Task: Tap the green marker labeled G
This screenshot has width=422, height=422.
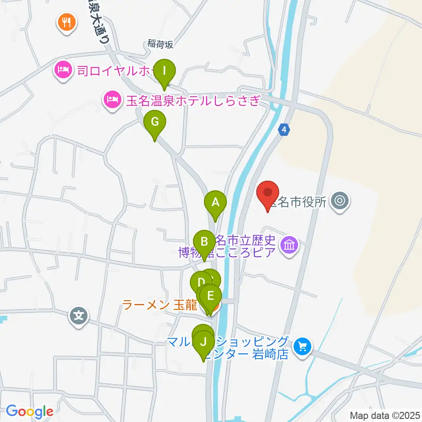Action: point(154,122)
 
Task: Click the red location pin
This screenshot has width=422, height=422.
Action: point(268,193)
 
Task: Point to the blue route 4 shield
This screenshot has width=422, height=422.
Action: point(285,130)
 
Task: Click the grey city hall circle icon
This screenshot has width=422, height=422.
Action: point(339,202)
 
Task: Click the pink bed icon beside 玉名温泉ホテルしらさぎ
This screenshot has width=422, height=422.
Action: point(112,101)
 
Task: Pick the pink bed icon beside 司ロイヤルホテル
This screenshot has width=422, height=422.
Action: point(63,69)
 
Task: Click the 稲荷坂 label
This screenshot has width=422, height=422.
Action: point(161,44)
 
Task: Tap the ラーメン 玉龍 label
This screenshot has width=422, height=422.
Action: point(160,305)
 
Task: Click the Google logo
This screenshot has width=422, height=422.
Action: point(29,411)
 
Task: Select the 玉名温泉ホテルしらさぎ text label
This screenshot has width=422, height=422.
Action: point(193,101)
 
